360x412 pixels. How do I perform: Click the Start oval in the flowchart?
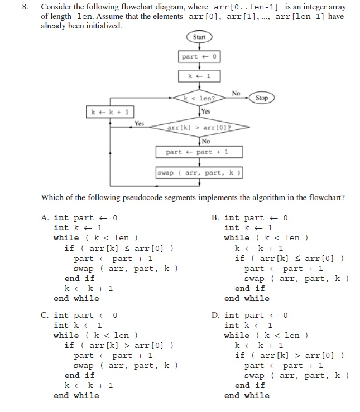pos(199,37)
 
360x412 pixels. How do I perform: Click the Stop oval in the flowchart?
pos(261,98)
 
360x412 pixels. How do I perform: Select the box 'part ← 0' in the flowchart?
pos(199,57)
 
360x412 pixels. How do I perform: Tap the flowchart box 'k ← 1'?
pos(199,76)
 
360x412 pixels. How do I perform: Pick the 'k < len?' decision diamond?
pos(199,98)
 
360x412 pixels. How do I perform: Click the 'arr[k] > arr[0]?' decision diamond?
pos(199,128)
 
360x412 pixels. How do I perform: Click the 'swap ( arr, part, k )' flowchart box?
pos(199,173)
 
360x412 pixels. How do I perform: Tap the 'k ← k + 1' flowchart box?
pos(110,113)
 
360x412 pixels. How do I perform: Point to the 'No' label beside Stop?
pos(236,93)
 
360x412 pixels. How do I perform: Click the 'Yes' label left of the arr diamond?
pos(138,123)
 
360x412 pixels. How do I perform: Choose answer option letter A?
pos(45,218)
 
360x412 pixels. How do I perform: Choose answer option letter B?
pos(215,218)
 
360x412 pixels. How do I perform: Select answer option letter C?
pos(45,316)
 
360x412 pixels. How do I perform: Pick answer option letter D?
pos(215,316)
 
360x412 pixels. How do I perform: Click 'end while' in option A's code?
pos(76,298)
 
